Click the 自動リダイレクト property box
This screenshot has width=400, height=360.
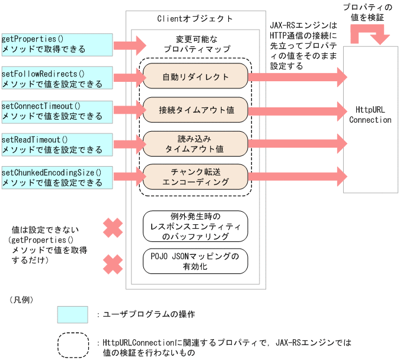click(x=195, y=77)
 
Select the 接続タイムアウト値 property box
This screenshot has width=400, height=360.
click(x=195, y=110)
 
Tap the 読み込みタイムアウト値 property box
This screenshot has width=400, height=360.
click(x=195, y=143)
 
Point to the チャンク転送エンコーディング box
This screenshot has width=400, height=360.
click(x=195, y=177)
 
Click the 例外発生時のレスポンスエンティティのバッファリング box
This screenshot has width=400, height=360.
click(x=195, y=227)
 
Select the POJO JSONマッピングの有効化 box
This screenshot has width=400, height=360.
click(x=195, y=261)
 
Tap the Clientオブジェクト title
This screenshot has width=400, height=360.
click(x=195, y=19)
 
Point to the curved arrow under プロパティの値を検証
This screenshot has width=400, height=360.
click(x=370, y=34)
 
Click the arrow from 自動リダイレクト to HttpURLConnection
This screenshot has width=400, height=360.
click(x=296, y=77)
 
